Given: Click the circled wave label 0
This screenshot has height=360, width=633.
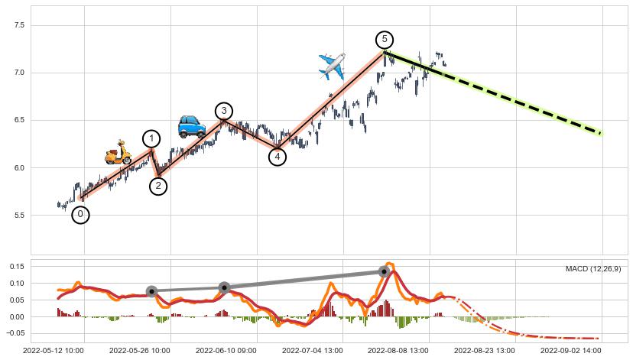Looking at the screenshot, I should click(80, 215).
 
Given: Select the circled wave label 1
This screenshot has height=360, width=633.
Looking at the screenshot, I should click(151, 138).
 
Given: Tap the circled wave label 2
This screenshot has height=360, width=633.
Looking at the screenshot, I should click(158, 186).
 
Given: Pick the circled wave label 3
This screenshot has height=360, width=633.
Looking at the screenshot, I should click(224, 111).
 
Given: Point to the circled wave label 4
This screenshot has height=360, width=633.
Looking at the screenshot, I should click(278, 157).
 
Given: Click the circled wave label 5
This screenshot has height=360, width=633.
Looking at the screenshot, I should click(385, 39).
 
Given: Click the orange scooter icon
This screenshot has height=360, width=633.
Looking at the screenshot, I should click(118, 152).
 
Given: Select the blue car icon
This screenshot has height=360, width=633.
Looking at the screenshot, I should click(191, 125).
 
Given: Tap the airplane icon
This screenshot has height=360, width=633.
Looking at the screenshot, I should click(332, 66).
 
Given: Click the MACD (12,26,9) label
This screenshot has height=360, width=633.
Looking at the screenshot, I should click(593, 269).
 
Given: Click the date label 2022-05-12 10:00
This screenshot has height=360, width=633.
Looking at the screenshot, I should click(54, 351).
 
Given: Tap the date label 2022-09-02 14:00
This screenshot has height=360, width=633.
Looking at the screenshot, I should click(573, 351).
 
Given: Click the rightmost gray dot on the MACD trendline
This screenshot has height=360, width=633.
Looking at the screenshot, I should click(384, 271).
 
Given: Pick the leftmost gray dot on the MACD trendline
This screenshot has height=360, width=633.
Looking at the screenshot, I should click(151, 291).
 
